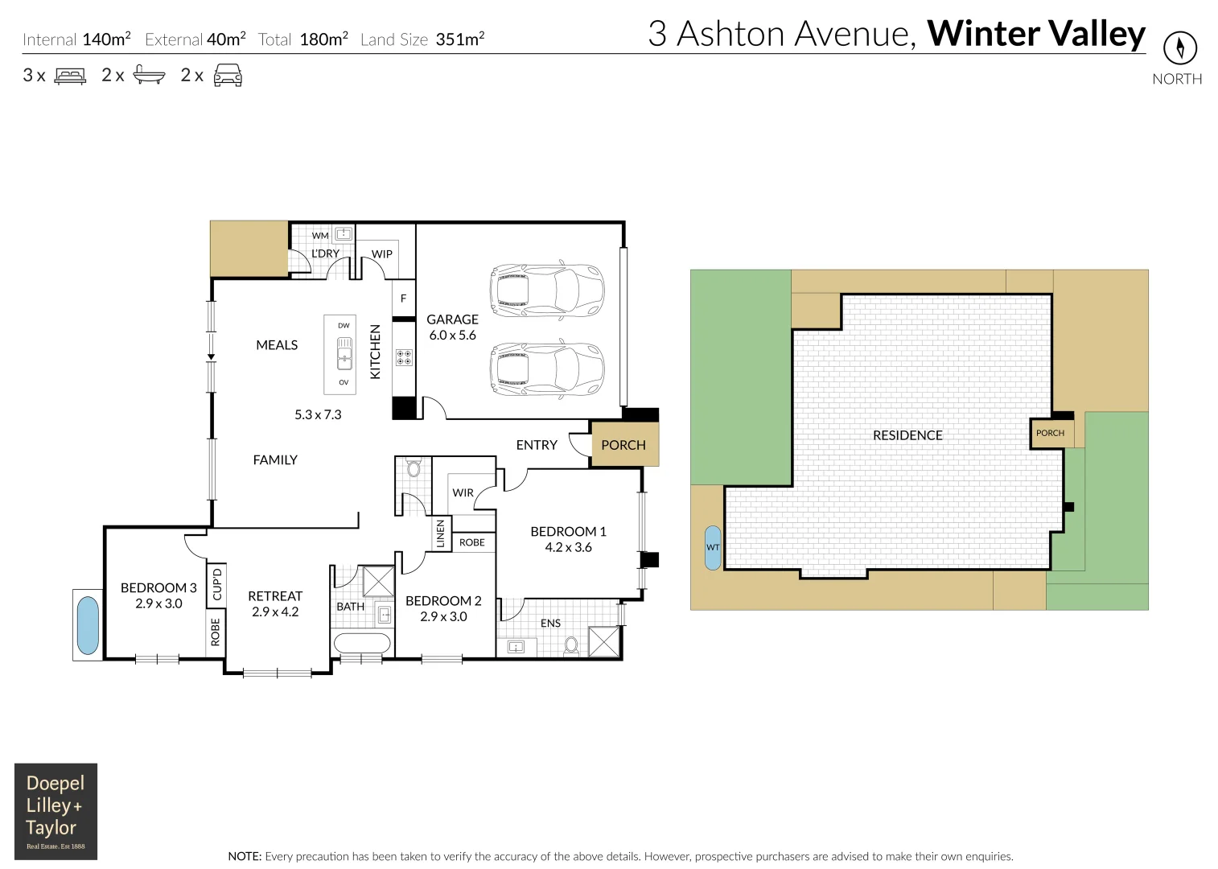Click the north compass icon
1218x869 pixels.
[1179, 48]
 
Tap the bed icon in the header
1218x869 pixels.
[70, 76]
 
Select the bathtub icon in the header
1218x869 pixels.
[149, 75]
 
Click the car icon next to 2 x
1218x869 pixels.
[228, 75]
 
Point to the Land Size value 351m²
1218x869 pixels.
[459, 39]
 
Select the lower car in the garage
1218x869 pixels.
[546, 369]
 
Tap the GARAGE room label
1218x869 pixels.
[452, 319]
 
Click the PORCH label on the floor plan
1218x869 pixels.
[623, 445]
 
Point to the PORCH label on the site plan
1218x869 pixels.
[1050, 433]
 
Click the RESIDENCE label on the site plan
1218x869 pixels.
[907, 435]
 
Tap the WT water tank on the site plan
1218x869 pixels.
[713, 547]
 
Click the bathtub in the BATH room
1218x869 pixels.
[362, 643]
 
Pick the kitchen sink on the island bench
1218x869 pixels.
[344, 353]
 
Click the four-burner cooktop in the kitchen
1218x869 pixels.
[404, 357]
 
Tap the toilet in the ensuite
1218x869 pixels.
[571, 645]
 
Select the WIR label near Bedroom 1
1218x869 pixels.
[463, 492]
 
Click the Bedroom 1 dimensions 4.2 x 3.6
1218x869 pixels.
[568, 547]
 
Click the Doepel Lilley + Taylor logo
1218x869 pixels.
[56, 811]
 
